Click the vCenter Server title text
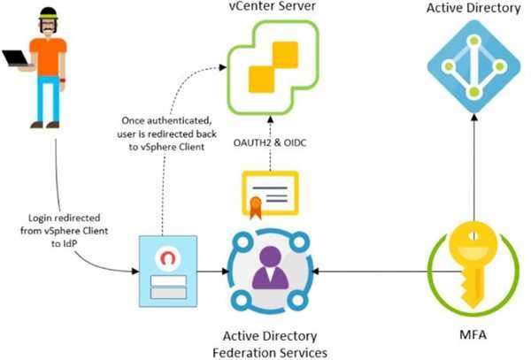pyautogui.click(x=269, y=10)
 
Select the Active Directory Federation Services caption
pyautogui.click(x=269, y=344)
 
